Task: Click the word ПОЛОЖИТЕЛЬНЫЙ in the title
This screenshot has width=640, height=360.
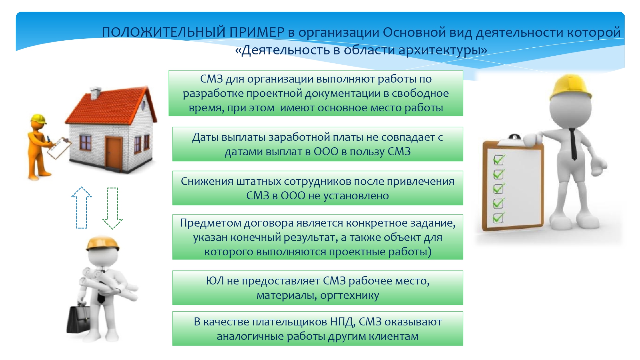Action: (x=164, y=32)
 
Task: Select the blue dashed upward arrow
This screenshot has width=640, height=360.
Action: (x=82, y=207)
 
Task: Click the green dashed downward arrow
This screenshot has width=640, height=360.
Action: (x=112, y=208)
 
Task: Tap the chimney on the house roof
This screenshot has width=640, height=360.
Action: (x=95, y=93)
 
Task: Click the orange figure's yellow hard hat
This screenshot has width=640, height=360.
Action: (x=38, y=119)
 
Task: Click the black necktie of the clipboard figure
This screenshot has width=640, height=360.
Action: (x=572, y=144)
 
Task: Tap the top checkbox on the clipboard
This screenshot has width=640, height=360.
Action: (x=499, y=160)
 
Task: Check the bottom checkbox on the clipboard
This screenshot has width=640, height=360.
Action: (x=498, y=218)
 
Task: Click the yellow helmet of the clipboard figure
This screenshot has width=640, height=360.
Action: (x=570, y=87)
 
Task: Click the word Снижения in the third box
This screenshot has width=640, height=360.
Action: (x=207, y=181)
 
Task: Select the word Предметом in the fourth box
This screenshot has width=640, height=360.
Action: (x=210, y=223)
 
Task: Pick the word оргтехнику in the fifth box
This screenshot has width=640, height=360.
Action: (x=349, y=295)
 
